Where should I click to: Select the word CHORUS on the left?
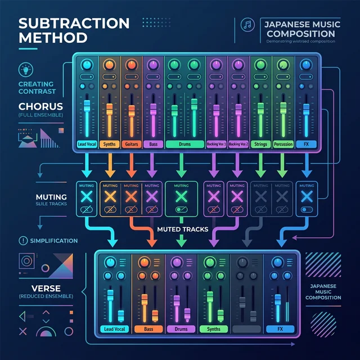(40, 106)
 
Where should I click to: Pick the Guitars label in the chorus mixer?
(131, 144)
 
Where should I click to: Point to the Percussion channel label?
(283, 144)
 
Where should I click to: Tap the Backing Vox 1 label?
(216, 144)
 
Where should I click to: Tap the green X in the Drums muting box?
(181, 196)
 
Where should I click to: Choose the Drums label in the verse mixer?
(182, 329)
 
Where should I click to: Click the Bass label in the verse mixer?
(149, 329)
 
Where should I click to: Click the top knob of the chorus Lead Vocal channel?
(87, 64)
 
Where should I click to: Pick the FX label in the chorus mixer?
(307, 144)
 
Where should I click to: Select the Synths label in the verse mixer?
(214, 329)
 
